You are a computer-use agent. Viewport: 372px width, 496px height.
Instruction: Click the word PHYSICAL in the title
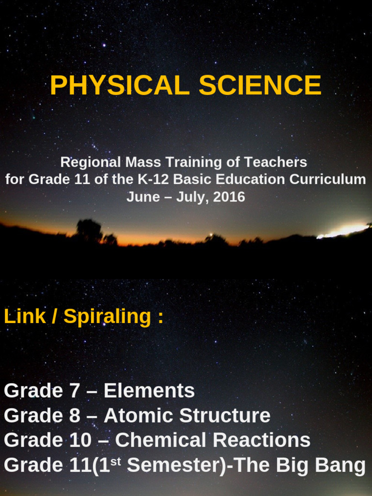[119, 86]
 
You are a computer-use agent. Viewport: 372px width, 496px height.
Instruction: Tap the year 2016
[229, 197]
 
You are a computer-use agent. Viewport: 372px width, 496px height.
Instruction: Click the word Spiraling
[108, 317]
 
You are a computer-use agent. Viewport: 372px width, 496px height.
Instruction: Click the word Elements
[149, 390]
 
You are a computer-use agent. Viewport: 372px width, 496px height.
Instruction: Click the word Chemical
[161, 440]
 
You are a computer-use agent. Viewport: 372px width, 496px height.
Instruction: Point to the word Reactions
[262, 440]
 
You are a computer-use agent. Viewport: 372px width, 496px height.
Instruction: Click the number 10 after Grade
[79, 440]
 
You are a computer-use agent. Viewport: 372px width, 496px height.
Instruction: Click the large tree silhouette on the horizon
[89, 231]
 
